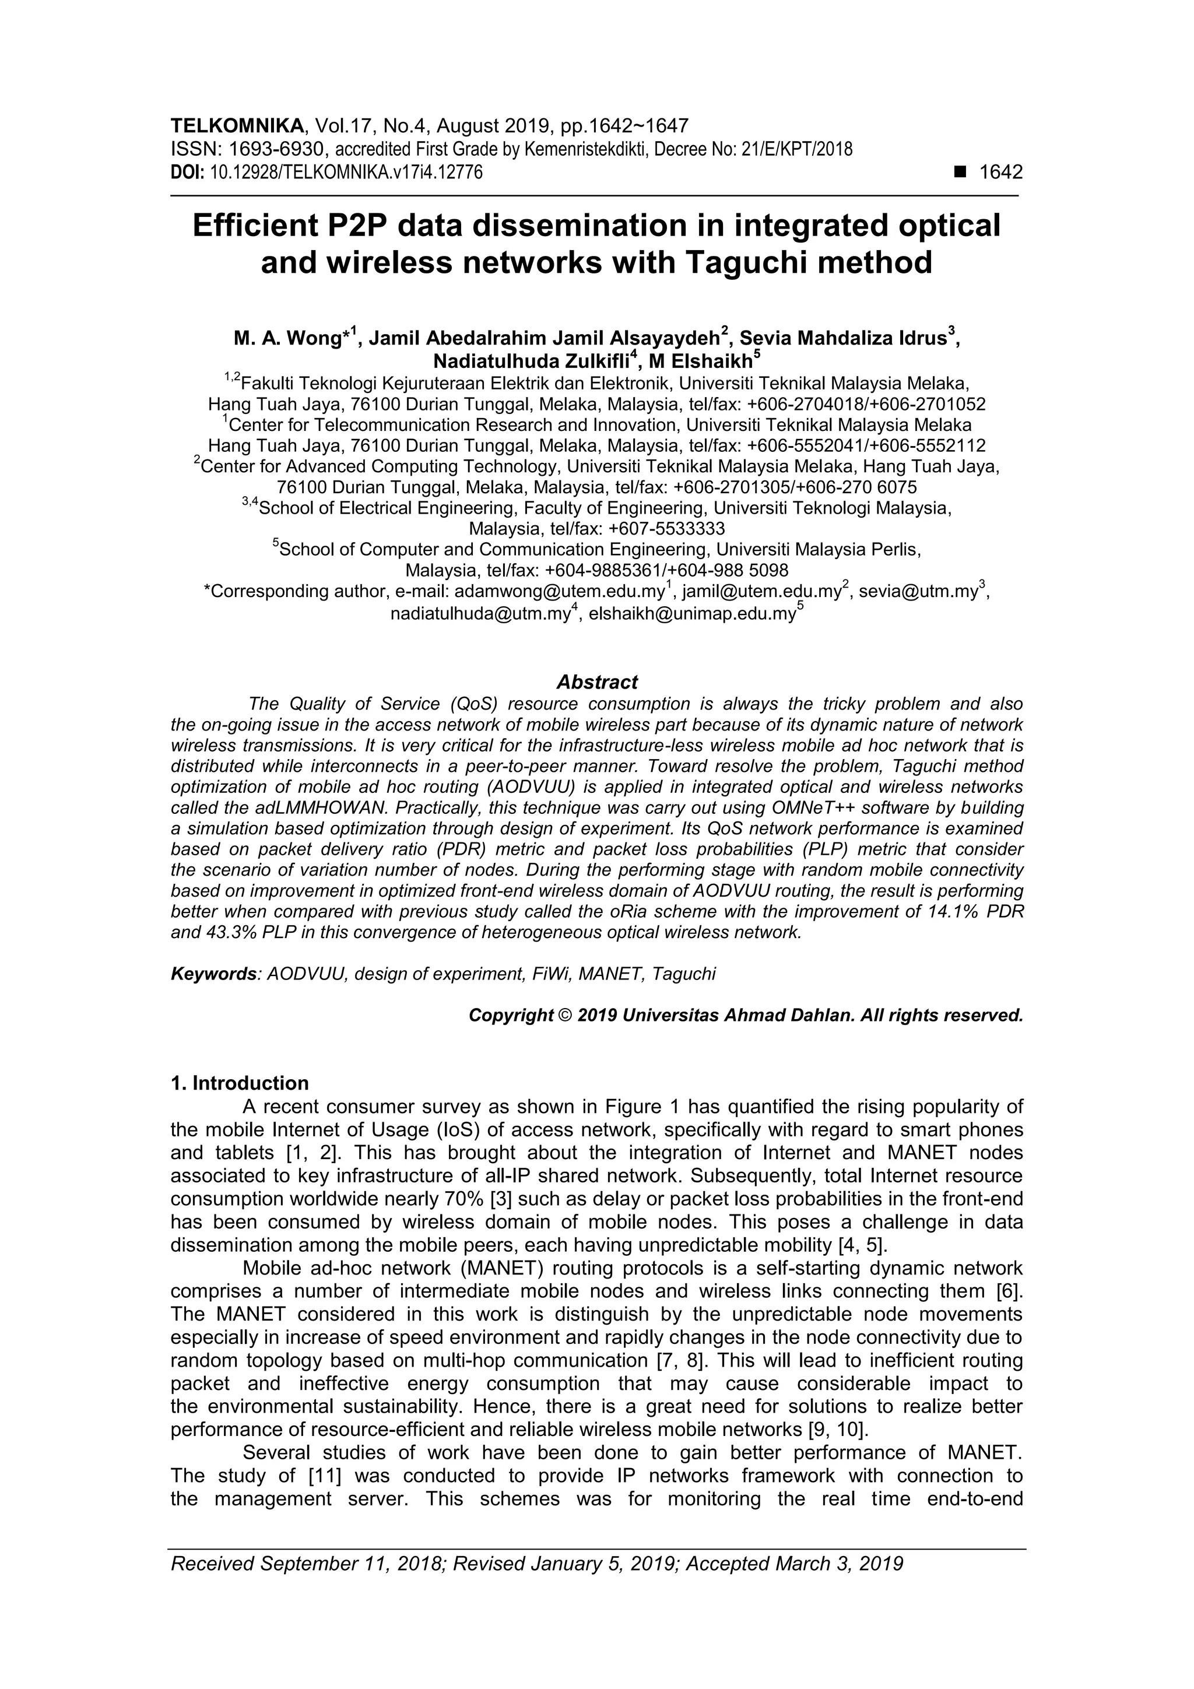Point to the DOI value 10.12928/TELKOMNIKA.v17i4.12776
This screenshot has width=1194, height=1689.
click(x=346, y=173)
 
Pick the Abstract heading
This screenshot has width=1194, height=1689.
click(x=596, y=682)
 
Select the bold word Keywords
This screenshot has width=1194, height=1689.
click(x=214, y=974)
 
